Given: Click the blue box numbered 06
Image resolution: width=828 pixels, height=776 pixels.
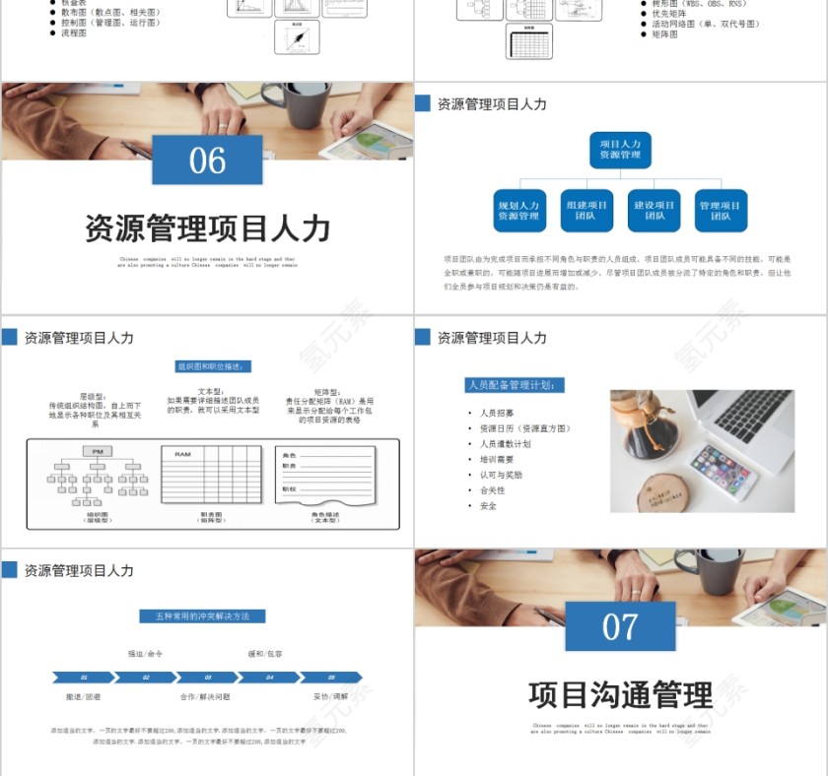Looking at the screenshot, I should (207, 160).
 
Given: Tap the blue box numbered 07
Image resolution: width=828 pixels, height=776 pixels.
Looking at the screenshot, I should (620, 626).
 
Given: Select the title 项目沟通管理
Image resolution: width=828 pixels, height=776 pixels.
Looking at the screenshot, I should (620, 694).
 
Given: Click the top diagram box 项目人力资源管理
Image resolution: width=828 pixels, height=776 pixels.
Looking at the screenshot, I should (620, 150).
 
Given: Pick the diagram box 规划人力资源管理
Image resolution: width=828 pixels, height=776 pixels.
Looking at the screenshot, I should (518, 211).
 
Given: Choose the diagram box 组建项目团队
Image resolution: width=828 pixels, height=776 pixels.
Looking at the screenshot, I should (586, 211).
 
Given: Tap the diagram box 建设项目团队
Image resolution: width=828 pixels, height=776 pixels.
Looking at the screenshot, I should (655, 211).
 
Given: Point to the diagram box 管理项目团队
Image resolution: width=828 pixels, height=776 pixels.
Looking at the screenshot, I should (721, 211).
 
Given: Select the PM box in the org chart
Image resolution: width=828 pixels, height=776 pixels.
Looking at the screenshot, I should (98, 452).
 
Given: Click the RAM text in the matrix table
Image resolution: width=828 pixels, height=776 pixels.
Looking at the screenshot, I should (182, 454).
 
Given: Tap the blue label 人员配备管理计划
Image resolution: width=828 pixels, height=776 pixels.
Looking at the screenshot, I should (516, 385).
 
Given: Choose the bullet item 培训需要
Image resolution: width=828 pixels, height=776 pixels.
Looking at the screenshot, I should (497, 459).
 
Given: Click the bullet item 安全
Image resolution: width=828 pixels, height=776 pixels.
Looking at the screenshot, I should (488, 505).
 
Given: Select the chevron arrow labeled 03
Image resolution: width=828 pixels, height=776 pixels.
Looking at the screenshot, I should (206, 678).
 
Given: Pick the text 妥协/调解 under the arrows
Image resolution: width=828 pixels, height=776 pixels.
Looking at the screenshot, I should (330, 696).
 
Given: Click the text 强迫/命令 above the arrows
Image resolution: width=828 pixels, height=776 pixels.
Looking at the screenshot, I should (145, 654).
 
